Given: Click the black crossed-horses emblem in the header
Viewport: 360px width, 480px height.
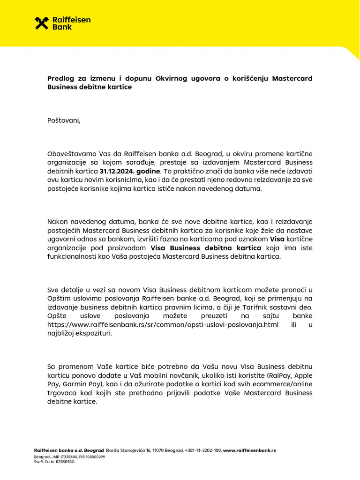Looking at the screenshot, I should click(42, 23).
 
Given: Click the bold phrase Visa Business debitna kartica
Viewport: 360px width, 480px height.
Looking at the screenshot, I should click(206, 248).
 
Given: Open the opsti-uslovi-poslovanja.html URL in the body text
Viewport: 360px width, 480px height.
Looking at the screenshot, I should click(163, 325).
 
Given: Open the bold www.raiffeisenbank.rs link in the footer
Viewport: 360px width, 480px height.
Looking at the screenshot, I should click(250, 450).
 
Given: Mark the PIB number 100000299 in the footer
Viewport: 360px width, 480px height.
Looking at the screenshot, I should click(95, 456).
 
